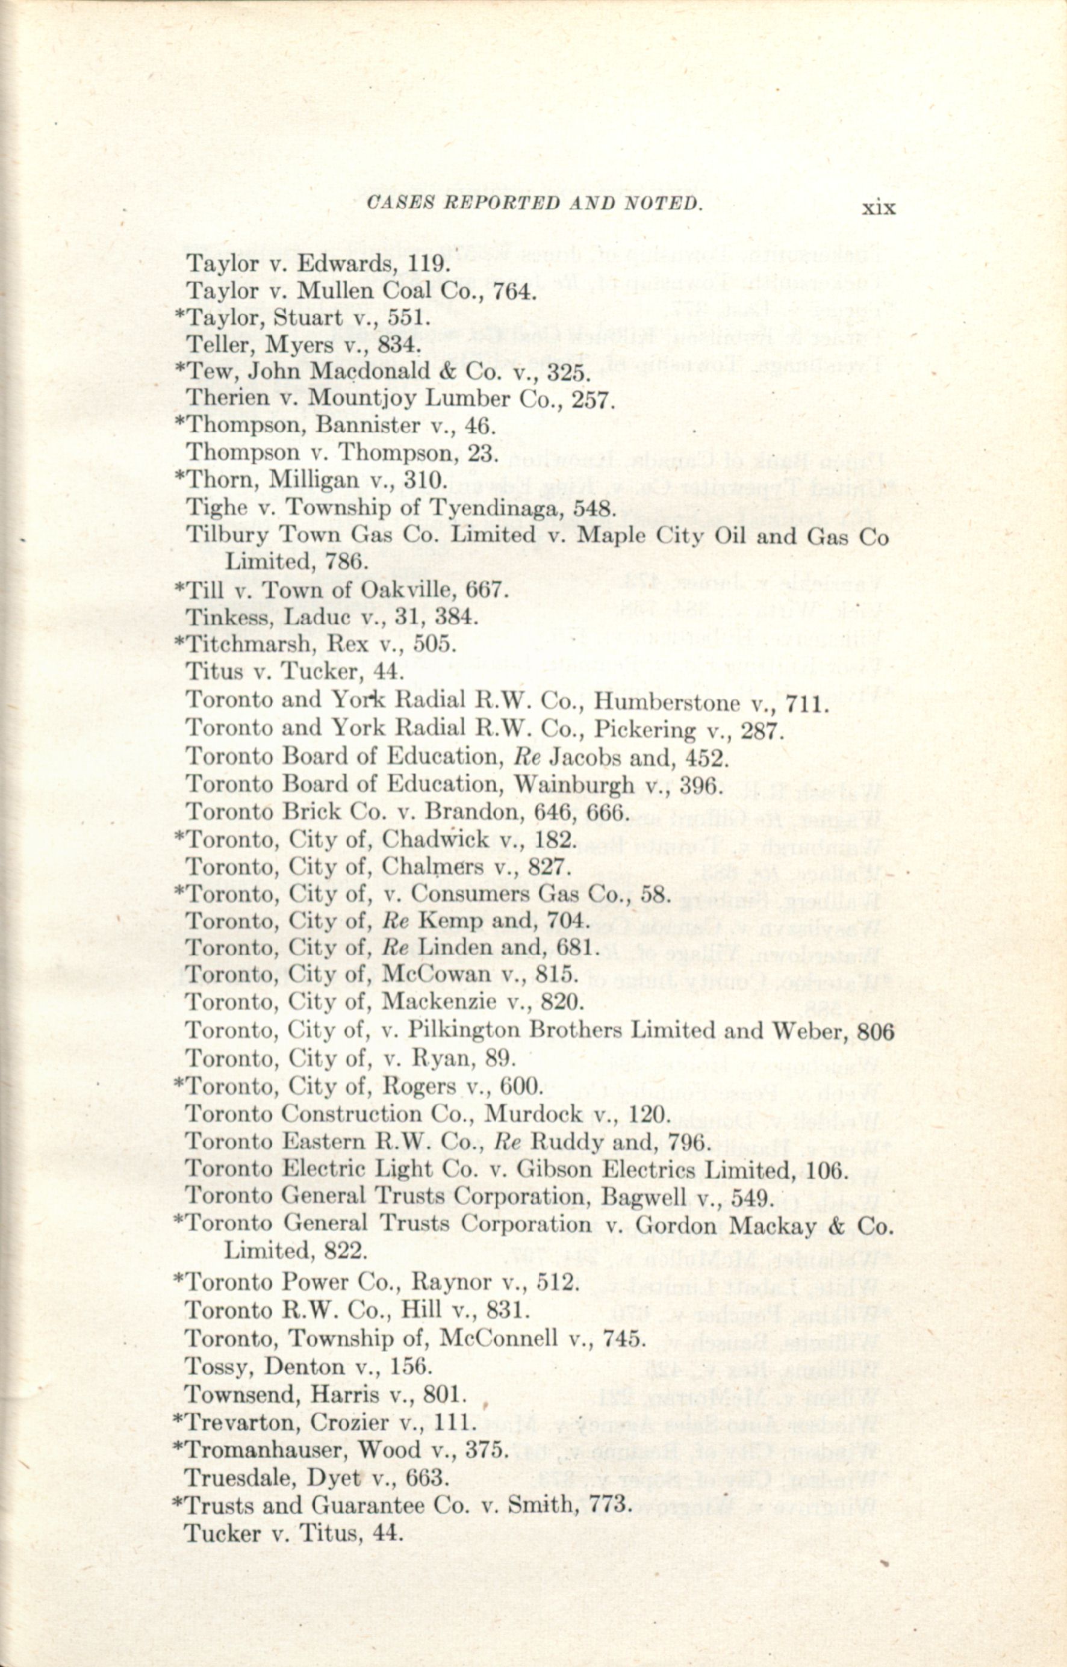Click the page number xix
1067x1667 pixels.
tap(879, 207)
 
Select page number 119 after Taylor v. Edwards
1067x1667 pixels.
tap(429, 263)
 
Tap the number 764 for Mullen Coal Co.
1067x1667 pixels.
tap(514, 290)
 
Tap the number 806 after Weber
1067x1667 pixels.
tap(875, 1031)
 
